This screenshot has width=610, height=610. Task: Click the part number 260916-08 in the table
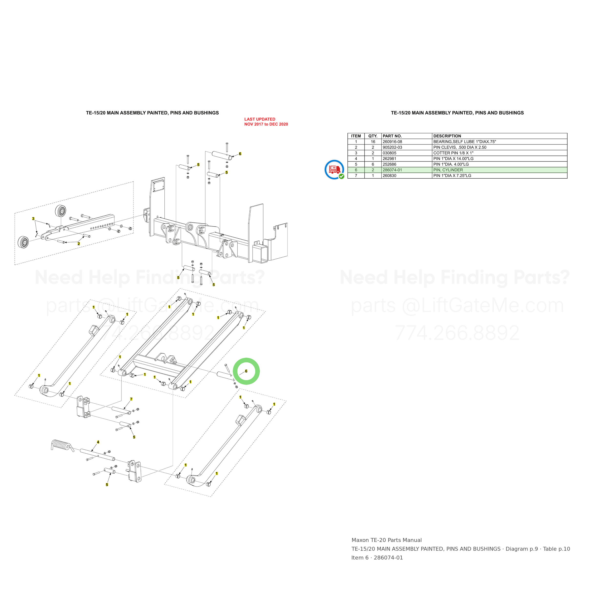pos(392,142)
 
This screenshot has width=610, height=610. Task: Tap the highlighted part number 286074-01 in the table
pos(392,170)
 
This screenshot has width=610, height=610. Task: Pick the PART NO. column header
pos(392,136)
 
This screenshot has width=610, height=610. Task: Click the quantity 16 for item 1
pos(373,142)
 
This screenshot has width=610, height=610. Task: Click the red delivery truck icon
pos(334,170)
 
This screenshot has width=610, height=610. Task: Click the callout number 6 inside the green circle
pos(246,371)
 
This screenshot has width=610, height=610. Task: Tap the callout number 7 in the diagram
pos(131,399)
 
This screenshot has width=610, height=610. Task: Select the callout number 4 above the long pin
pos(98,442)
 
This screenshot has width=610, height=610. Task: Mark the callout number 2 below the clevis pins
pos(79,244)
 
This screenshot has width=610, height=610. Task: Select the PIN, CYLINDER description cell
pos(448,170)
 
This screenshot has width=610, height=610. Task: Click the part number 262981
pos(389,159)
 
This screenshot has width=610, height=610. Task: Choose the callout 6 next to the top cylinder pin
pos(240,154)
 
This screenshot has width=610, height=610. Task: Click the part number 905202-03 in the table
pos(392,147)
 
